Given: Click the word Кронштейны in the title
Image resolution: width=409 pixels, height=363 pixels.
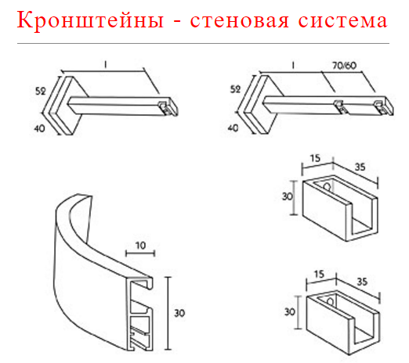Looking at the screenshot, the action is tap(90, 20).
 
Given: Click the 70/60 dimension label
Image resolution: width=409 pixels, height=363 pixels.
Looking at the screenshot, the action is tap(345, 66).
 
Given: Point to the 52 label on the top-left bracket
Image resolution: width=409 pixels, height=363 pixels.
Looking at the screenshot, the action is tap(41, 91).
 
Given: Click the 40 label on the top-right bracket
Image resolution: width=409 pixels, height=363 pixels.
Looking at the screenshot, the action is tap(233, 128).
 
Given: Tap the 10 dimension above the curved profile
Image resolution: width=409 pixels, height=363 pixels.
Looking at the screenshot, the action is tap(140, 246).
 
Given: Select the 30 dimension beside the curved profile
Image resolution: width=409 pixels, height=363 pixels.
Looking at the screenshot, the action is tap(179, 313).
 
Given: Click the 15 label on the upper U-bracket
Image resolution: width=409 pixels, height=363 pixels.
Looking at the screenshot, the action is tap(316, 158).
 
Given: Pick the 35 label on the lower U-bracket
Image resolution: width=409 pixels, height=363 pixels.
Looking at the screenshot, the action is tap(362, 282).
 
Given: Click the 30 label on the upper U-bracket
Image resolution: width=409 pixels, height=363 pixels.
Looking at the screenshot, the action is tap(288, 196).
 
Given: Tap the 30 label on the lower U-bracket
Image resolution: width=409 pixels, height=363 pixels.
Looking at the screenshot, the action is tap(290, 312).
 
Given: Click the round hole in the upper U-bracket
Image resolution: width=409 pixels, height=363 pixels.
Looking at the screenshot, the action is tap(327, 186).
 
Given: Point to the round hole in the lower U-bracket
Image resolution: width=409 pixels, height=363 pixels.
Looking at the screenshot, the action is tap(330, 302).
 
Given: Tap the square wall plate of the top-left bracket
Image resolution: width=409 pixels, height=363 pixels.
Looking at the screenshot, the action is tap(65, 106).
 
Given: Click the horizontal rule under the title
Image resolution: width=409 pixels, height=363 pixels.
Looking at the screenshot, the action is tap(203, 43).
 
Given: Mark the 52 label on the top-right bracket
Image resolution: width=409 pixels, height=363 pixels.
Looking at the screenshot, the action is tap(235, 89).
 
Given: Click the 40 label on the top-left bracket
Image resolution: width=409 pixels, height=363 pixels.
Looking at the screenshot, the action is tap(39, 128).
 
